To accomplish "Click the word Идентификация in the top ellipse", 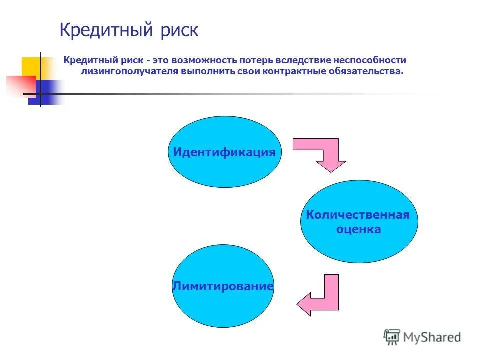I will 224,152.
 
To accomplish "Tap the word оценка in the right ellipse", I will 358,230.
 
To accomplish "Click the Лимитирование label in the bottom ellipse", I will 223,287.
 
